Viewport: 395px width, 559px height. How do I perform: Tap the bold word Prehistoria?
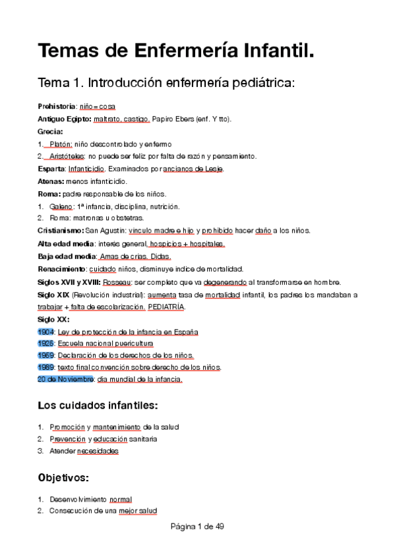pos(57,106)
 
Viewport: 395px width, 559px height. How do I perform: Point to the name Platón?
pos(61,144)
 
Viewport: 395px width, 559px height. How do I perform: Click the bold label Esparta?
pos(52,169)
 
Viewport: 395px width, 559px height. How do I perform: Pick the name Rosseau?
pos(121,281)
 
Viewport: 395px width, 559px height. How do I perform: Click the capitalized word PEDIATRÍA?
pos(167,307)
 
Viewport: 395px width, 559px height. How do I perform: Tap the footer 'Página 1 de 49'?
pos(198,527)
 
